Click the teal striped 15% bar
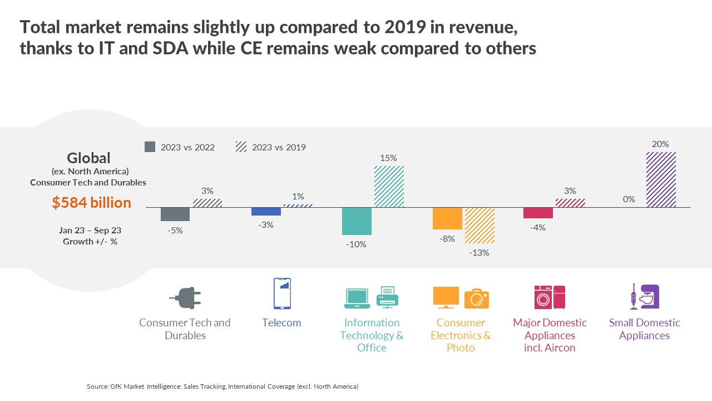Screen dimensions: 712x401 tap(389, 187)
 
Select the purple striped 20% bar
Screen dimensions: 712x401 tap(661, 180)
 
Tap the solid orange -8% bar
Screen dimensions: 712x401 tap(447, 218)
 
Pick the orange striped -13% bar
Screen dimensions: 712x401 tap(479, 226)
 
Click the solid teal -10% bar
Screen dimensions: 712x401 tap(357, 221)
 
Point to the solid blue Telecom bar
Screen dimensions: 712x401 tap(266, 212)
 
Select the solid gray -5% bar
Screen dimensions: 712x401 tap(175, 214)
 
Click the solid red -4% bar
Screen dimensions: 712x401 tap(538, 213)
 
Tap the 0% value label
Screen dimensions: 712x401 tap(629, 199)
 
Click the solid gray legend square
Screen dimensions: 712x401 tap(150, 146)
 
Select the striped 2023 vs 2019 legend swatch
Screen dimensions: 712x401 tap(241, 146)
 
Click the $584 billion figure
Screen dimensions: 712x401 tap(92, 203)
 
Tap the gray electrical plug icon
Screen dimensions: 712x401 tap(186, 298)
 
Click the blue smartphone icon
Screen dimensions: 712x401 tap(282, 294)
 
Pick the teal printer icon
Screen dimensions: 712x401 tap(388, 297)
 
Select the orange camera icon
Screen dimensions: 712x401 tap(477, 299)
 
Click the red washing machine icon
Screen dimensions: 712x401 tap(543, 297)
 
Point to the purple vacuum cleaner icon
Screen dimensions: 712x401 tap(634, 297)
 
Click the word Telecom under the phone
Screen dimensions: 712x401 tap(281, 322)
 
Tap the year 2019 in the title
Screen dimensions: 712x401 tap(406, 27)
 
